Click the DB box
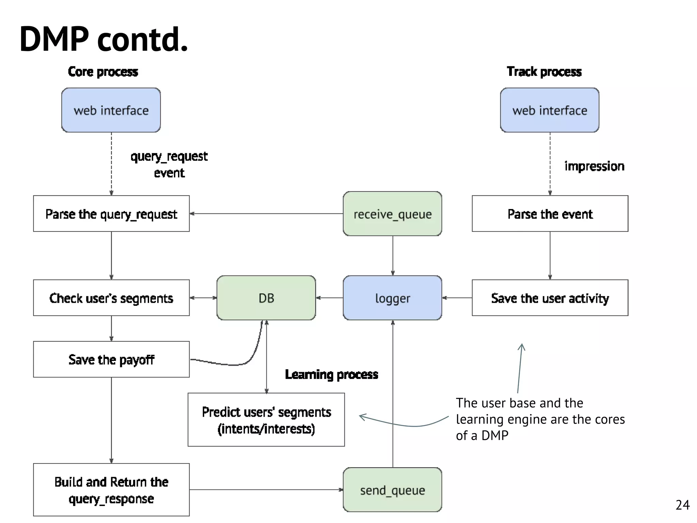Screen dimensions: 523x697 [266, 298]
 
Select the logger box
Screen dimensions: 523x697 [392, 298]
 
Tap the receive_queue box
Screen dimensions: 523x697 [392, 214]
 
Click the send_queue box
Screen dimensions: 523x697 [392, 490]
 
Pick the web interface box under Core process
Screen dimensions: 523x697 [111, 110]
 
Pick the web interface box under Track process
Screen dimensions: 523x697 [550, 110]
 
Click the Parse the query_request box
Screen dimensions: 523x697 [111, 214]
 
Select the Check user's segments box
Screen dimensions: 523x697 [111, 298]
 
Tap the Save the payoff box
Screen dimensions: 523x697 [111, 359]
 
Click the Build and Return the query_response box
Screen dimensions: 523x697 [111, 490]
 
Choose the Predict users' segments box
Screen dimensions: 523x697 [266, 420]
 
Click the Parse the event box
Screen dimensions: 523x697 [550, 214]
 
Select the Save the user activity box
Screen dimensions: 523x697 [550, 298]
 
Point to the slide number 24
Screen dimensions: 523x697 [682, 505]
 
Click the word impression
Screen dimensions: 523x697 [594, 166]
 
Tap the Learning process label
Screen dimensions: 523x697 [331, 374]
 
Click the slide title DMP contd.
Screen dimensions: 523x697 [104, 39]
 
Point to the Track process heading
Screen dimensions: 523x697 [544, 72]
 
